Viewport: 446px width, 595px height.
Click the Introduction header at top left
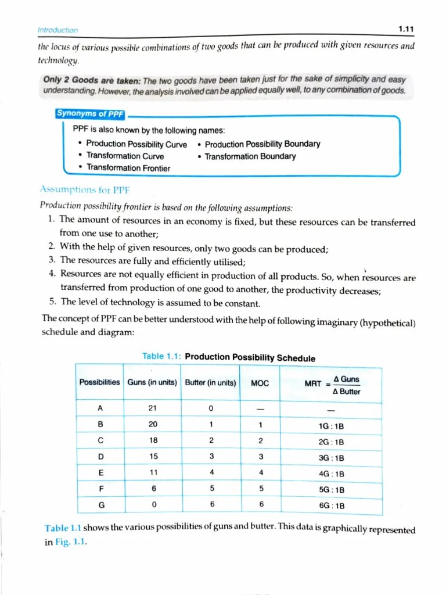57,30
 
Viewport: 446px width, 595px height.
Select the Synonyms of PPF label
90,114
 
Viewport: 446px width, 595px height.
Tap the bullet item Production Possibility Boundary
262,144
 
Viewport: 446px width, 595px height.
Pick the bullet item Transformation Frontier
128,168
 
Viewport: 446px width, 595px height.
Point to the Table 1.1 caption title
229,357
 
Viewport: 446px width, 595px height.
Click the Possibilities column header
99,382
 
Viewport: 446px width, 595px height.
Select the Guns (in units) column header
152,382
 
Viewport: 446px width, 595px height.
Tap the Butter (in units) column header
210,382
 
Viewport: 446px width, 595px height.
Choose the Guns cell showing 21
153,409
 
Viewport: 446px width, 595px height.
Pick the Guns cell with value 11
153,474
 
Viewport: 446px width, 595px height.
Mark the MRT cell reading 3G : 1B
332,458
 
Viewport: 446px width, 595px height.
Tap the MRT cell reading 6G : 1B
332,506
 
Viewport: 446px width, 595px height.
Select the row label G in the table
102,505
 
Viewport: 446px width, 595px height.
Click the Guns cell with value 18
153,441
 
